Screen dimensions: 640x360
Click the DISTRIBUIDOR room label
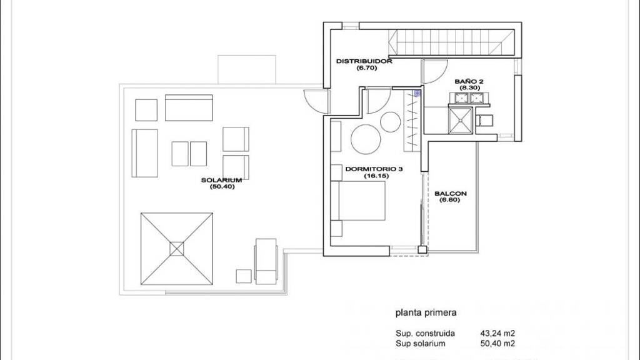point(364,61)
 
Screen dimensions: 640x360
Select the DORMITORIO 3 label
point(374,169)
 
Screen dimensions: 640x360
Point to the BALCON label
point(450,194)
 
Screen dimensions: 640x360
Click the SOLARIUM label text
point(222,180)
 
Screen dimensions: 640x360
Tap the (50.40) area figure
point(222,187)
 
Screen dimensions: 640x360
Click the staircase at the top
point(451,43)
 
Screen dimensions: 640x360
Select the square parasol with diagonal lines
point(177,249)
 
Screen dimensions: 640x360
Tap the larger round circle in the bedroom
point(366,139)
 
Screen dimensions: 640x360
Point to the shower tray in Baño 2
point(461,121)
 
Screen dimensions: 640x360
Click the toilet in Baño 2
point(484,121)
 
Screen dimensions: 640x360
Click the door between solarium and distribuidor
point(317,101)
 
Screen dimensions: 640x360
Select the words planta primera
point(426,313)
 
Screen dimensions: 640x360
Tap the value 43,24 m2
point(497,334)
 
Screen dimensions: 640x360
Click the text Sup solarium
point(421,344)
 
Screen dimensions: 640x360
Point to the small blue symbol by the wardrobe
point(417,94)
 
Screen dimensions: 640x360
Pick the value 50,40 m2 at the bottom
point(497,344)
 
